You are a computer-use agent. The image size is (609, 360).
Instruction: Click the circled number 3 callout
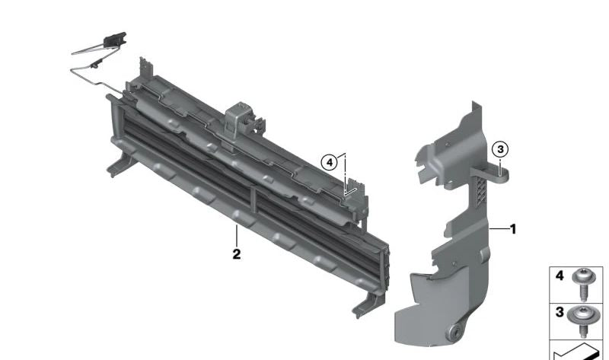[500, 149]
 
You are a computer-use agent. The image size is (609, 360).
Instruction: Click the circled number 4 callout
[330, 162]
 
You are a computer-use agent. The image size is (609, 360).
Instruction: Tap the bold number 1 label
[513, 229]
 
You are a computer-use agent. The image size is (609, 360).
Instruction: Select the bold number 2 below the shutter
[237, 254]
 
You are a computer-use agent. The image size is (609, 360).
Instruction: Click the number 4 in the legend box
[560, 276]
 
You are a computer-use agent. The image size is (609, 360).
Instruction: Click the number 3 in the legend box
[560, 312]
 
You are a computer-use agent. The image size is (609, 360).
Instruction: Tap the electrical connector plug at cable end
[115, 40]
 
